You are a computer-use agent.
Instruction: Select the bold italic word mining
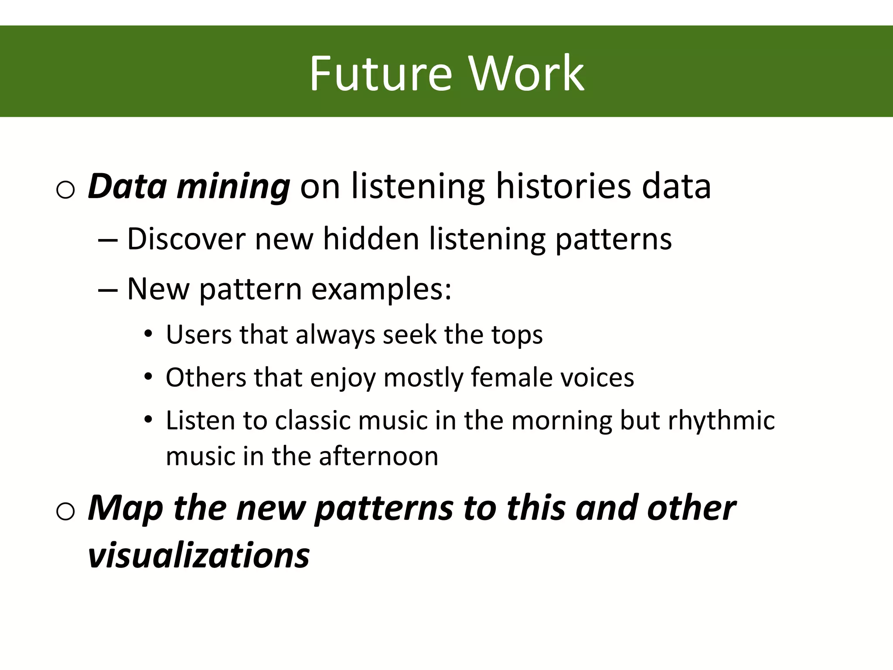click(x=233, y=187)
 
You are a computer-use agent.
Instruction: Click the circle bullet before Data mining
click(x=66, y=190)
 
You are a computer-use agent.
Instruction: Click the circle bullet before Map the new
click(x=66, y=511)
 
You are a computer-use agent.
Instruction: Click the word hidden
click(x=371, y=239)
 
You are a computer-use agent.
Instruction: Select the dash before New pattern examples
click(x=108, y=290)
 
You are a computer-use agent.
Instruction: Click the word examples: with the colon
click(x=382, y=290)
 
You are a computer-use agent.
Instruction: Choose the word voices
click(x=597, y=377)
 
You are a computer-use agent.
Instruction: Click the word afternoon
click(x=378, y=456)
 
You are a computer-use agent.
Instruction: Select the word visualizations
click(x=198, y=556)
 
